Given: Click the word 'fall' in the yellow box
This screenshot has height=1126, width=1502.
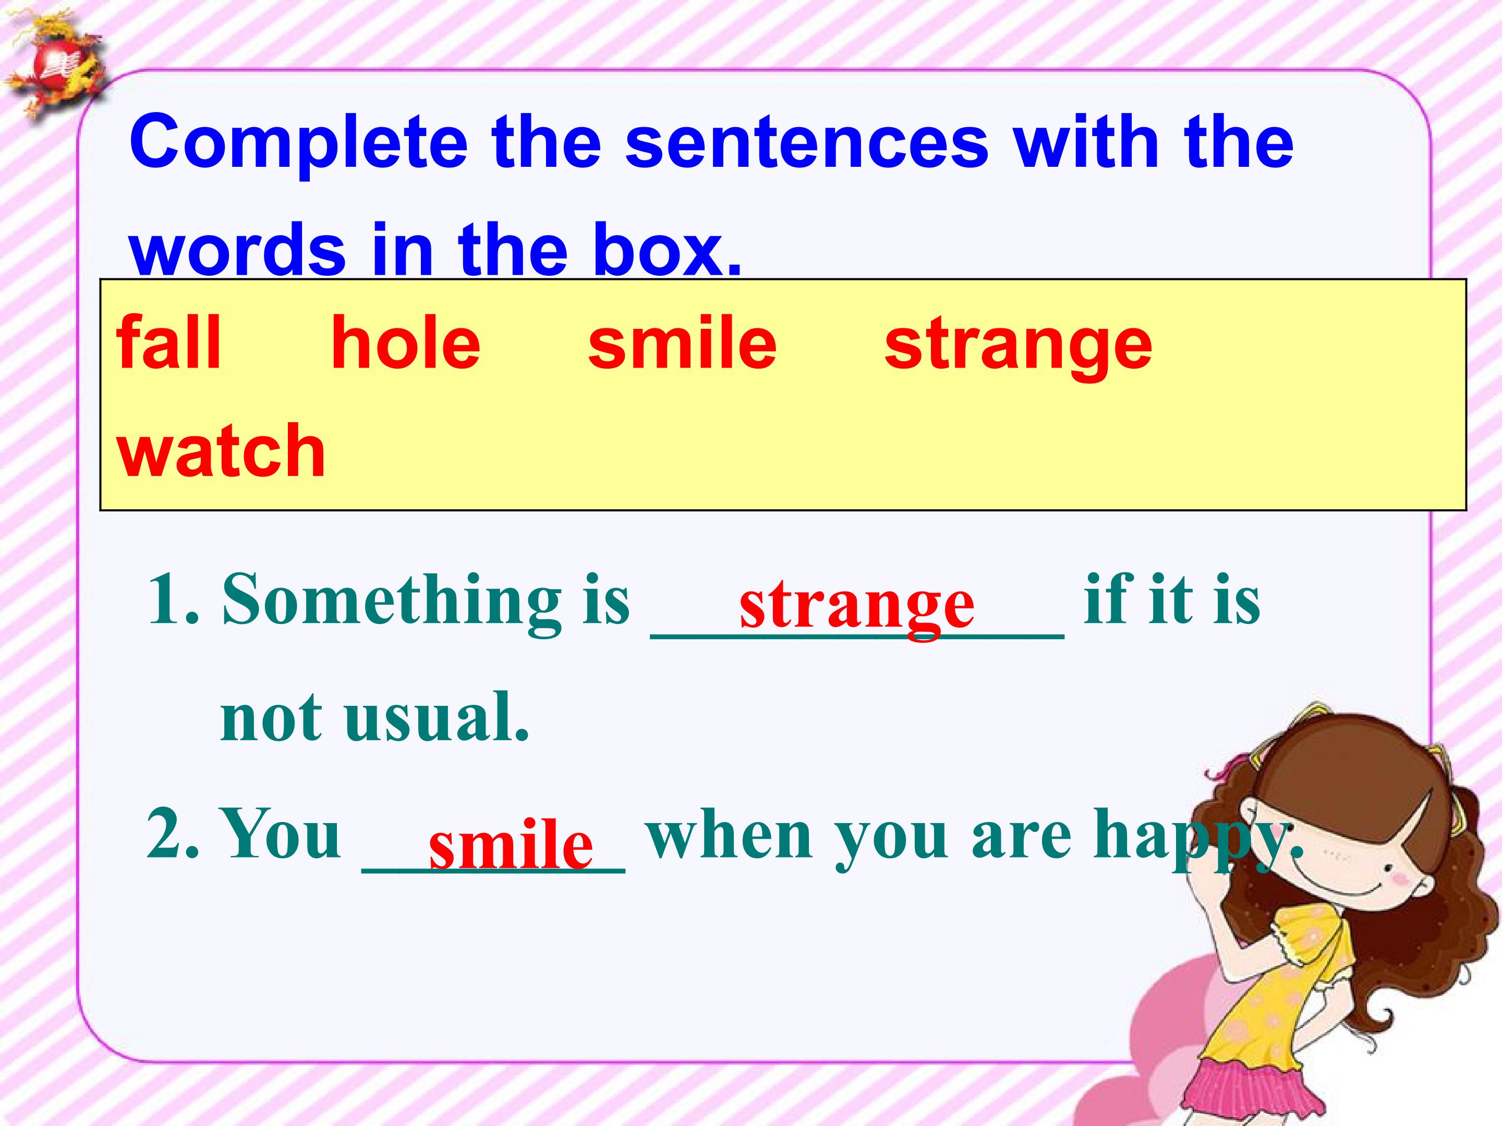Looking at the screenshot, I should coord(168,344).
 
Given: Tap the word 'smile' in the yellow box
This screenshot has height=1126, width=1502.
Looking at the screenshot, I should coord(682,344).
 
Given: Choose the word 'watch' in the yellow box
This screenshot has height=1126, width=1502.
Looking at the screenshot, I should coord(221,449).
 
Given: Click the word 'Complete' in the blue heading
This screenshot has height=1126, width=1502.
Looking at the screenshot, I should coord(299,142).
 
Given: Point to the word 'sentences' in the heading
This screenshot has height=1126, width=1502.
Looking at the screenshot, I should coord(807,142).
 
